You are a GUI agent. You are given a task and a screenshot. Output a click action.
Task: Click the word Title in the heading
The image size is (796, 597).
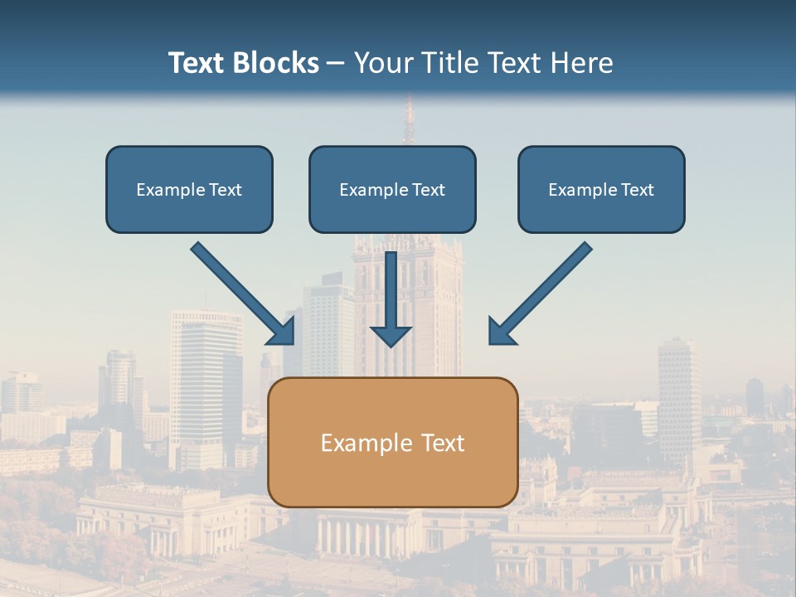pyautogui.click(x=450, y=63)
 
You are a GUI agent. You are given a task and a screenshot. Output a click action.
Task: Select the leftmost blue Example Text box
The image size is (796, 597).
pyautogui.click(x=189, y=189)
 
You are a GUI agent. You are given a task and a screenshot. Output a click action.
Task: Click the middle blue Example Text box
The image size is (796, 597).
pyautogui.click(x=392, y=189)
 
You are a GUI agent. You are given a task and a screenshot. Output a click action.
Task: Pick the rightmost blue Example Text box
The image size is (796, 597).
pyautogui.click(x=601, y=189)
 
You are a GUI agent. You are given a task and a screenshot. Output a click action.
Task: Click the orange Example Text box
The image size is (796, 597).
pyautogui.click(x=393, y=442)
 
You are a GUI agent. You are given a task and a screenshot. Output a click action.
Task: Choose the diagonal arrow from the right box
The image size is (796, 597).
pyautogui.click(x=540, y=294)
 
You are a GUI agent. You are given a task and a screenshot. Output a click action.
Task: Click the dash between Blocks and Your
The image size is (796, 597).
pyautogui.click(x=336, y=64)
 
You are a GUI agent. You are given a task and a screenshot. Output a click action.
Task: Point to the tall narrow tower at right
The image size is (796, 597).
pyautogui.click(x=679, y=390)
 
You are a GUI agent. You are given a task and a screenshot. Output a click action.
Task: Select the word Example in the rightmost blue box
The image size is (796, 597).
pyautogui.click(x=579, y=190)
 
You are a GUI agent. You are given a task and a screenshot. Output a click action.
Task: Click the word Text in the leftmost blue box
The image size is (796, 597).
pyautogui.click(x=225, y=190)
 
